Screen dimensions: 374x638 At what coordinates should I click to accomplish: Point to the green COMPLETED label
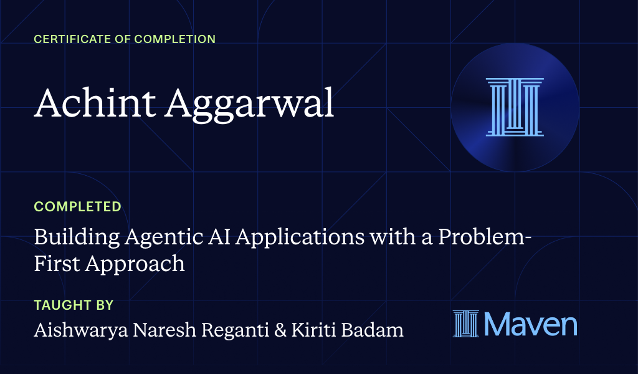click(x=77, y=206)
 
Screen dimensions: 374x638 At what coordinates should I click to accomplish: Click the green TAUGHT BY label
click(x=74, y=305)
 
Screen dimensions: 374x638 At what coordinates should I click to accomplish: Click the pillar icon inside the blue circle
click(x=515, y=107)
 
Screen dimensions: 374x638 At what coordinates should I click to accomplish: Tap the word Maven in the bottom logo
click(x=531, y=325)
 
